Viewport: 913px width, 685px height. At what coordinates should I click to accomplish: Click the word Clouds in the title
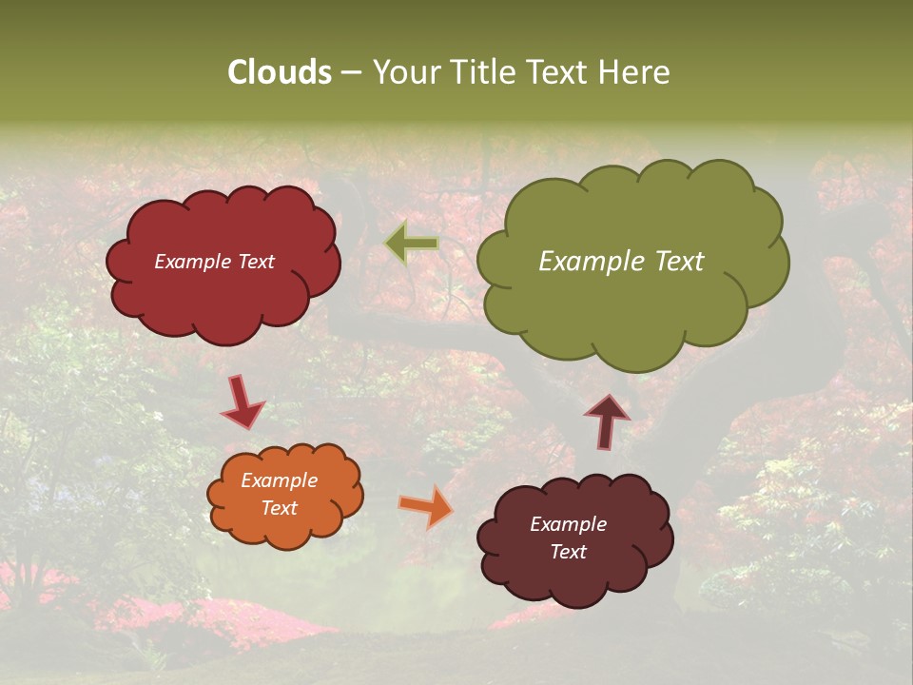280,72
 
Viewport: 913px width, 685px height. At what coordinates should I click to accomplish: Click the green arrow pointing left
412,244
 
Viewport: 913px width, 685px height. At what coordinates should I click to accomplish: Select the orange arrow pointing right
427,507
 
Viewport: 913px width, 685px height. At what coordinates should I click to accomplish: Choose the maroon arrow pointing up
607,421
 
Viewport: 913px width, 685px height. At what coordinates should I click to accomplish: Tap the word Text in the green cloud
678,262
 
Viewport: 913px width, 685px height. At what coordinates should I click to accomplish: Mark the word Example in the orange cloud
280,480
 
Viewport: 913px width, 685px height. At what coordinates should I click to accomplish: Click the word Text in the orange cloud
280,508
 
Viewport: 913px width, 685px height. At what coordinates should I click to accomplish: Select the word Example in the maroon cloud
568,524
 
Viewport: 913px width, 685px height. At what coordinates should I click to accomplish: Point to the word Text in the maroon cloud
568,552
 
